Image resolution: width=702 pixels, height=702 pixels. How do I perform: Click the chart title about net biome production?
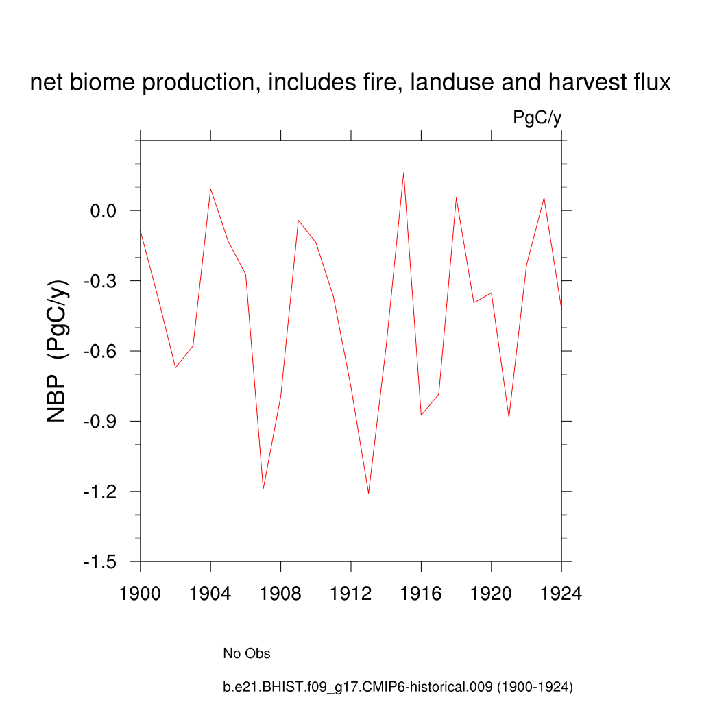(x=350, y=83)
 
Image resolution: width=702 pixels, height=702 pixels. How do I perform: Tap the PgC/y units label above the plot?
(x=537, y=118)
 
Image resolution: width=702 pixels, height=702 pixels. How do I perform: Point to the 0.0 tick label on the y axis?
(x=105, y=211)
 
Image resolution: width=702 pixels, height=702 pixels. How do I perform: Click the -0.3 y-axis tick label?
(x=101, y=281)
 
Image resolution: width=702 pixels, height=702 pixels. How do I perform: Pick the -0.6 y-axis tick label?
(x=101, y=352)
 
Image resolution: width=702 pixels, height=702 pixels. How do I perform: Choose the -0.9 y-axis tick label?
(x=101, y=422)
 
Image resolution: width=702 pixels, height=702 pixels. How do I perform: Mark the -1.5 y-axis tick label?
(x=101, y=562)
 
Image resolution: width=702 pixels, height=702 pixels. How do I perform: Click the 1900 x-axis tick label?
(x=140, y=594)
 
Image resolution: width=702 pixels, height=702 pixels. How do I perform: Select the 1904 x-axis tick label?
(x=210, y=594)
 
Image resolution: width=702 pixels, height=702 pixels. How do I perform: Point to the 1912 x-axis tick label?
(x=351, y=594)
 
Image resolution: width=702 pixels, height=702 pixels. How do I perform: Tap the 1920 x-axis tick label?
(x=492, y=594)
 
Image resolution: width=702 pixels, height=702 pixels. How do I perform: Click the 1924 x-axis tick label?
(x=561, y=594)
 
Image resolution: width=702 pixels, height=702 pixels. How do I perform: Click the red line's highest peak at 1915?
(x=404, y=173)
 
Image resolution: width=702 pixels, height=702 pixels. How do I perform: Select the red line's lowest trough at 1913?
(x=368, y=493)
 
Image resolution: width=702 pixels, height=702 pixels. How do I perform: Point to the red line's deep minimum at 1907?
(x=263, y=489)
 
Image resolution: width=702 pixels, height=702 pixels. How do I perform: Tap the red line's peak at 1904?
(x=210, y=189)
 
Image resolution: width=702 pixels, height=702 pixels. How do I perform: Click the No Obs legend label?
(x=247, y=653)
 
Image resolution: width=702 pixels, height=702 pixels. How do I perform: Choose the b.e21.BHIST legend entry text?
(x=398, y=686)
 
